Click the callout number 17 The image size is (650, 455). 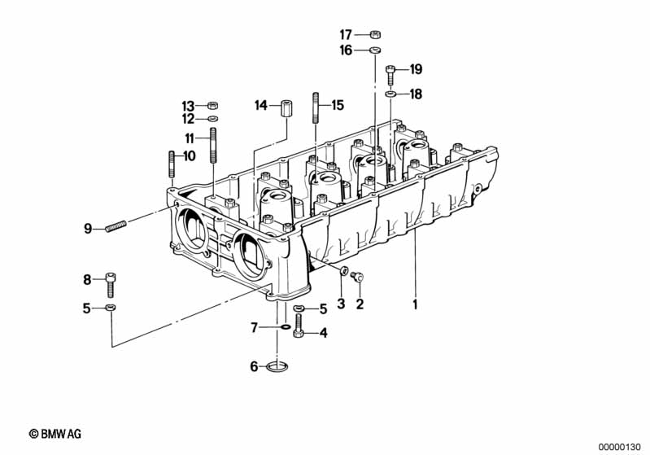346,35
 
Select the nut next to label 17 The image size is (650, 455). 375,34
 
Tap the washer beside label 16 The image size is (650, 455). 376,50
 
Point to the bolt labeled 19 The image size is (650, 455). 390,75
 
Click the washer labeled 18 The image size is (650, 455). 390,94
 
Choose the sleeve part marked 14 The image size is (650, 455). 286,109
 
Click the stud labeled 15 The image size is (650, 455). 316,107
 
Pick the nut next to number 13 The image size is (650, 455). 212,105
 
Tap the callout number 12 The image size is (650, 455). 188,119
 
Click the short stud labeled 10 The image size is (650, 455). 172,164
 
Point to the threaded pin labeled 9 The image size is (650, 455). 116,226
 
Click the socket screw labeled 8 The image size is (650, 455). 111,285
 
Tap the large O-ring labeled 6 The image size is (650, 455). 277,366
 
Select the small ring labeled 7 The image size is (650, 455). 286,328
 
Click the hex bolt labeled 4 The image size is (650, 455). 299,326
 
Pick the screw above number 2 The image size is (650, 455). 357,275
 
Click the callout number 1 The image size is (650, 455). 415,305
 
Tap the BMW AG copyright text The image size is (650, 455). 55,434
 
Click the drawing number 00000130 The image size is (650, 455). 620,448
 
